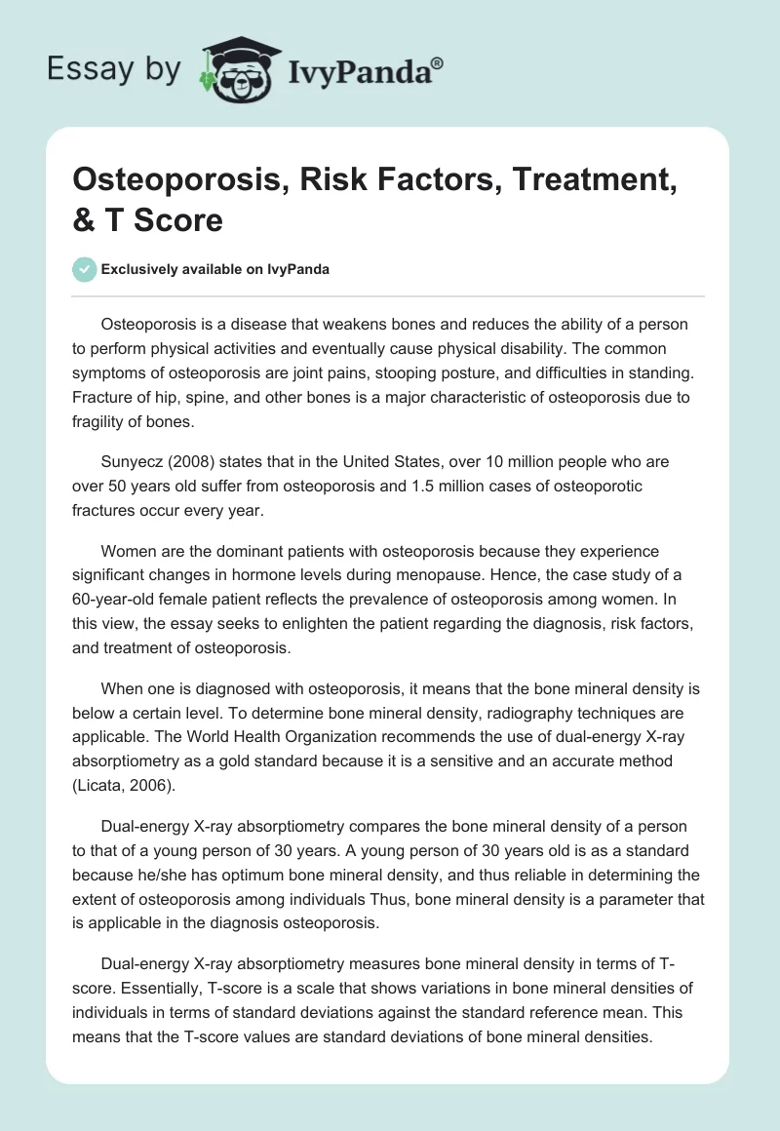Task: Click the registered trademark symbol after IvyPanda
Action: pyautogui.click(x=438, y=61)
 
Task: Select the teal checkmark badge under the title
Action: pyautogui.click(x=85, y=269)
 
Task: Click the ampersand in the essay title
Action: pyautogui.click(x=83, y=219)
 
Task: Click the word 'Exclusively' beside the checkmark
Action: pyautogui.click(x=138, y=269)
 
